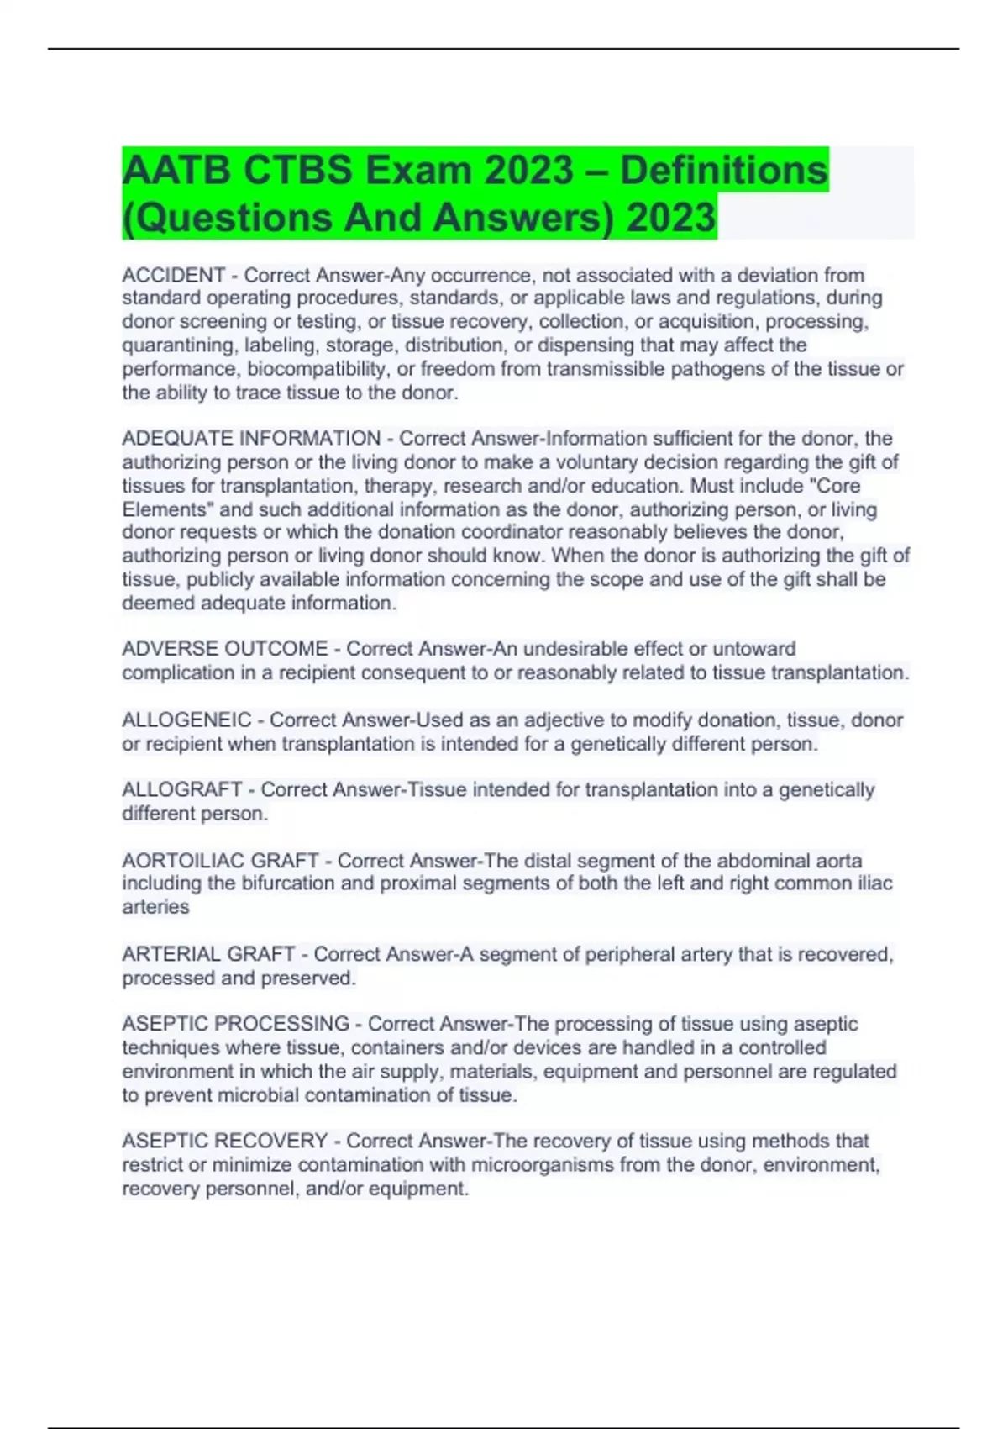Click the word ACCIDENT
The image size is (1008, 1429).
coord(173,275)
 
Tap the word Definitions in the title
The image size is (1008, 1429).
coord(723,170)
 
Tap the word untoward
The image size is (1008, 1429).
coord(753,649)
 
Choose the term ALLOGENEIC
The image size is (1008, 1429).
coord(186,720)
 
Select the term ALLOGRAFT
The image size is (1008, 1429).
coord(182,789)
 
